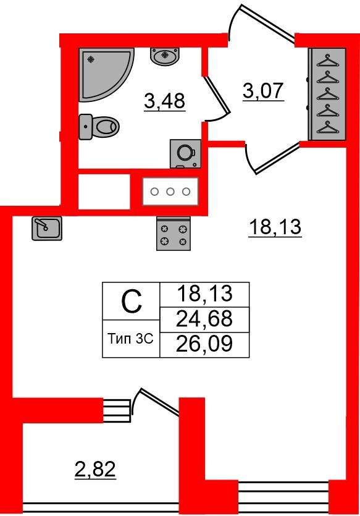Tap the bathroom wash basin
point(165,56)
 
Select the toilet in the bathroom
point(99,127)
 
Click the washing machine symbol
point(185,153)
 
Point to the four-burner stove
point(174,234)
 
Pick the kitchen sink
point(47,229)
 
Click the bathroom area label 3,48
point(165,101)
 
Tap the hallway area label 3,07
point(263,91)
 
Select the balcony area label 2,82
point(95,470)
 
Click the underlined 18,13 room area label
point(275,227)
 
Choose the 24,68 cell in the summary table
point(204,319)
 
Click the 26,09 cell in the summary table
point(204,345)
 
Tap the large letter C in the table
point(132,302)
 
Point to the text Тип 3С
point(131,339)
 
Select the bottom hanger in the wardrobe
point(327,127)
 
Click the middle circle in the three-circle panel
point(170,192)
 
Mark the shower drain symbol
point(91,59)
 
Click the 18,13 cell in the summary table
point(204,295)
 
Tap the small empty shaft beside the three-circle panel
point(104,191)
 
